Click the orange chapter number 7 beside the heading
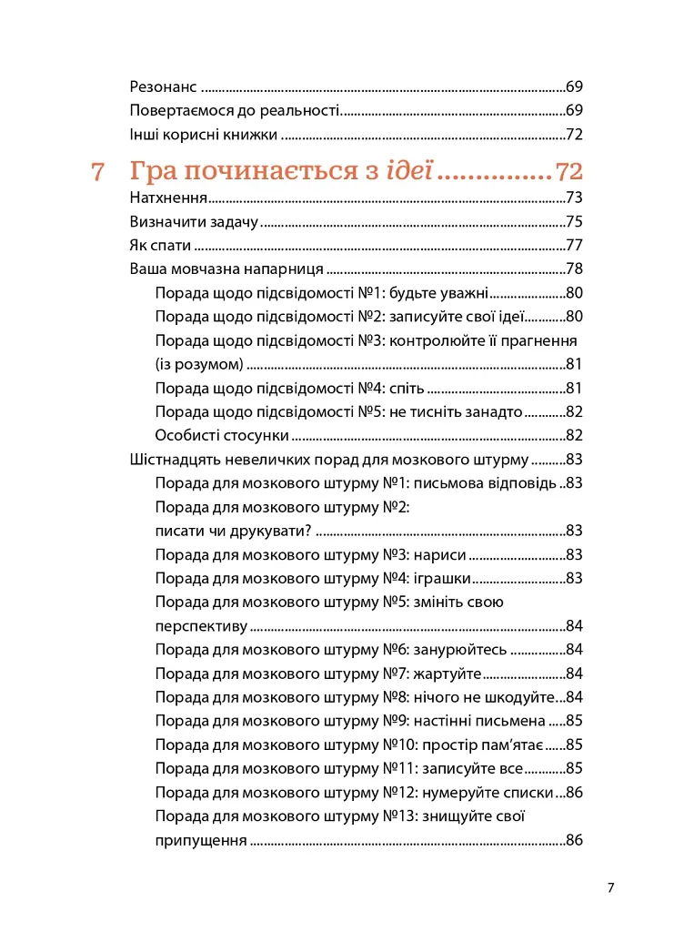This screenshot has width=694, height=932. pyautogui.click(x=99, y=171)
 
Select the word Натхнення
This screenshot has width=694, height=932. pyautogui.click(x=168, y=198)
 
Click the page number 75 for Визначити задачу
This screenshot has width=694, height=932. pyautogui.click(x=574, y=221)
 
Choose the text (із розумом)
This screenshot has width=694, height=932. pyautogui.click(x=199, y=364)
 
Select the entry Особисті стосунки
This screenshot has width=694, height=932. pyautogui.click(x=222, y=435)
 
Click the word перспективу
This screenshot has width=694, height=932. pyautogui.click(x=201, y=625)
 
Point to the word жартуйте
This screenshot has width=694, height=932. pyautogui.click(x=447, y=673)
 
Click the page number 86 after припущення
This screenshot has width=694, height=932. pyautogui.click(x=574, y=839)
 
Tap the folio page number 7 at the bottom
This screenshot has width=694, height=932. pyautogui.click(x=611, y=887)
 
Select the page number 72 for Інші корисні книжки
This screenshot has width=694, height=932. pyautogui.click(x=574, y=135)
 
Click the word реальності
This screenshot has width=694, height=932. pyautogui.click(x=297, y=110)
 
